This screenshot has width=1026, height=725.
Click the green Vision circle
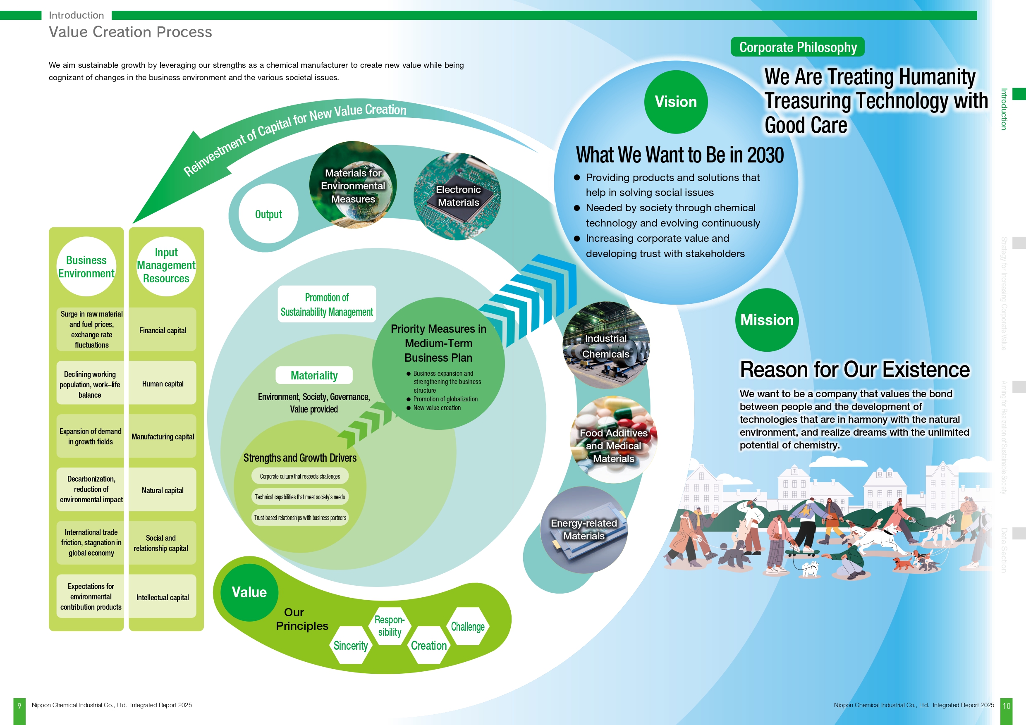(x=676, y=102)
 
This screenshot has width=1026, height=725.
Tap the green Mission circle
(x=767, y=320)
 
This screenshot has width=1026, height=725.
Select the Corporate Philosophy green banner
(x=798, y=47)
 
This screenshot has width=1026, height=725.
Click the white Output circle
(x=268, y=214)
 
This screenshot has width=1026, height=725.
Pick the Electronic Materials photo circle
(x=458, y=196)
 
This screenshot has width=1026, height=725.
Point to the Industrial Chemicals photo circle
(x=606, y=345)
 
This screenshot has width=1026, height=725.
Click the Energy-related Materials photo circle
(x=584, y=530)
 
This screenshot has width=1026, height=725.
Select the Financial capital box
(x=163, y=330)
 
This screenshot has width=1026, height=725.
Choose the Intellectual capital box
(x=163, y=597)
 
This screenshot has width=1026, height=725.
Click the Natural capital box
(x=163, y=490)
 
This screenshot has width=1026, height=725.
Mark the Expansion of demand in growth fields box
(x=90, y=436)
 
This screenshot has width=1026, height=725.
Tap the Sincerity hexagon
(x=351, y=646)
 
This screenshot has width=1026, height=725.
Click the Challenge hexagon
(x=467, y=626)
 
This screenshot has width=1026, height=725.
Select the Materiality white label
(x=314, y=375)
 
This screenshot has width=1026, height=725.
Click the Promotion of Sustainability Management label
(x=327, y=304)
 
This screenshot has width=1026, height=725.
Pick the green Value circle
(x=249, y=592)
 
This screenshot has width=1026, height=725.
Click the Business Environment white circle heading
(x=86, y=267)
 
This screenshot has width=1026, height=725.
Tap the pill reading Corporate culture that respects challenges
(x=300, y=476)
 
